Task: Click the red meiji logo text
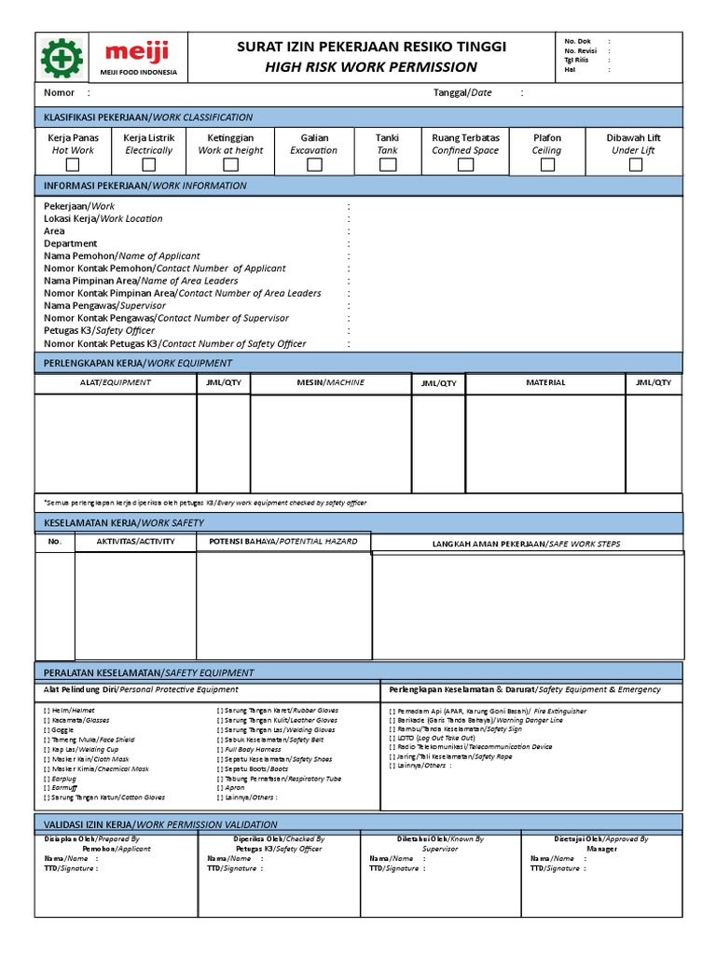(x=137, y=51)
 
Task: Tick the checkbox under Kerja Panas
(x=73, y=165)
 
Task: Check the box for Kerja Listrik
(x=148, y=165)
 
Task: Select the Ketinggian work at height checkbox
(x=230, y=165)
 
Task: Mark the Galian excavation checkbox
(x=314, y=165)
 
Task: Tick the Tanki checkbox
(x=387, y=165)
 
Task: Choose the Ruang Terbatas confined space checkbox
(x=465, y=165)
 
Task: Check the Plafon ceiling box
(x=547, y=165)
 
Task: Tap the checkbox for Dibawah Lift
(x=635, y=165)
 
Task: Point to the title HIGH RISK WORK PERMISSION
(x=371, y=67)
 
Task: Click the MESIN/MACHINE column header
(x=330, y=382)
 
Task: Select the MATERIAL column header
(x=545, y=382)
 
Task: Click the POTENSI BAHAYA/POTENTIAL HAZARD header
(x=282, y=541)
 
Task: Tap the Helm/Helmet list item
(x=64, y=711)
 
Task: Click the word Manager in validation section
(x=601, y=850)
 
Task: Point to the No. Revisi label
(x=580, y=51)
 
